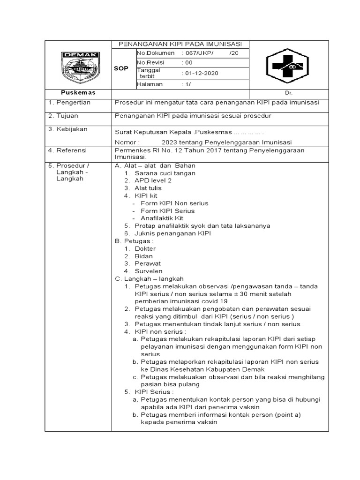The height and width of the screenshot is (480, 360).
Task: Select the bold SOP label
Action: (121, 68)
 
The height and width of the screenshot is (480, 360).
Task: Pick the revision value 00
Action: (189, 62)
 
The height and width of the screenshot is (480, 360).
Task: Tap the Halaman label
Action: (150, 84)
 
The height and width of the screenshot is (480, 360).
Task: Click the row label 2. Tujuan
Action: (65, 115)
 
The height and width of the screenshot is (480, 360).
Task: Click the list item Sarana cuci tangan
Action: (165, 173)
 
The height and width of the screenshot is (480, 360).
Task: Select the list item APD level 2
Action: (153, 180)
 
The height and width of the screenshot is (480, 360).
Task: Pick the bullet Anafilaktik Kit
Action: (162, 218)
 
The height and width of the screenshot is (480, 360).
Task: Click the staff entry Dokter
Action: (145, 248)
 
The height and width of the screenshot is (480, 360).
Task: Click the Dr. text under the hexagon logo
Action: (288, 93)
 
